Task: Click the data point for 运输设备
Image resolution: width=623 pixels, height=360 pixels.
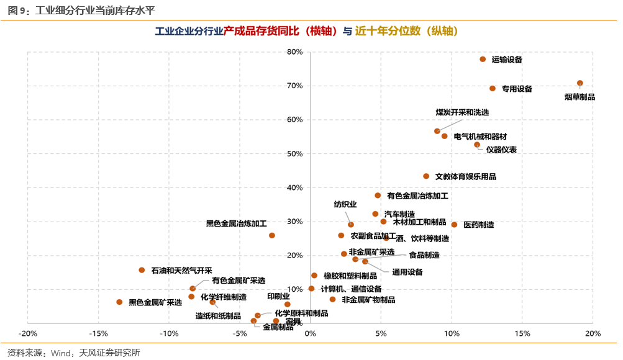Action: [483, 60]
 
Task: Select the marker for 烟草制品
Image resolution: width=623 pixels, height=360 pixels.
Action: [580, 83]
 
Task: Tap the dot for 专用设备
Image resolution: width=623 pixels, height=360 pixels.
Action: [493, 89]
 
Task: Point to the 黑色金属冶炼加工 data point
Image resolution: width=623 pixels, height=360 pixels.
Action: [271, 236]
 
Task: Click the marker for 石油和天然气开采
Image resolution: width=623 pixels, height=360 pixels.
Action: [142, 270]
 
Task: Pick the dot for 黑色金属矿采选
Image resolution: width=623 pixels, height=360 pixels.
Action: [119, 302]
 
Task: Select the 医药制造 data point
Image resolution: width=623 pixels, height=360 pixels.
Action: [454, 225]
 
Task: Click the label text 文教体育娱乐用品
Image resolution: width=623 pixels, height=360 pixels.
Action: [465, 177]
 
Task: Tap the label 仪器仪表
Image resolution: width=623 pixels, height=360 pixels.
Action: [501, 150]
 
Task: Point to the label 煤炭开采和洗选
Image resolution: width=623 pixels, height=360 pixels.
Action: [462, 112]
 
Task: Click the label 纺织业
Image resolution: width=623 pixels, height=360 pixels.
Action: [345, 204]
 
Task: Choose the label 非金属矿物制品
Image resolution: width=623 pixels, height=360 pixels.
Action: [368, 300]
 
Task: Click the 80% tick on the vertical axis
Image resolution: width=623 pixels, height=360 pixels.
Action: [294, 52]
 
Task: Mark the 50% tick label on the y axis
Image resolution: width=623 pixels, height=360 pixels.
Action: [294, 153]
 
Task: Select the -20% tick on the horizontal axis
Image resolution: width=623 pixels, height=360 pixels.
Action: [28, 333]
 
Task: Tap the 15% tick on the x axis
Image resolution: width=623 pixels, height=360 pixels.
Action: [522, 333]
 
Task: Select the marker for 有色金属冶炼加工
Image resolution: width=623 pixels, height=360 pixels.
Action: [378, 196]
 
